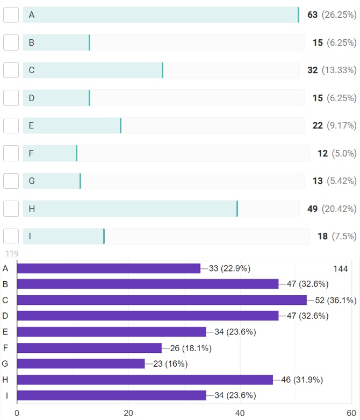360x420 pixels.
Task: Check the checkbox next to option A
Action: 11,15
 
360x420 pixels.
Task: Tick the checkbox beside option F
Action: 11,153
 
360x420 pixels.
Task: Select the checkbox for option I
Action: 11,237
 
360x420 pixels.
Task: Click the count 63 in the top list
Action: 312,15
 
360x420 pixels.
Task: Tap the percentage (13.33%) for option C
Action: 339,70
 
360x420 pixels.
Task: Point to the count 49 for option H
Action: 312,209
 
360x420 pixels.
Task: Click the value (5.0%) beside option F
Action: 344,153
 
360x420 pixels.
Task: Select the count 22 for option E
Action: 317,126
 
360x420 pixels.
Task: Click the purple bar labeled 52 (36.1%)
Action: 161,300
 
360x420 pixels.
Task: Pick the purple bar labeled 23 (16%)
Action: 81,364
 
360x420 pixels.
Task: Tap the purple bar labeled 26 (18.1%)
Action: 89,348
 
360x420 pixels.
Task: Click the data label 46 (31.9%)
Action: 303,380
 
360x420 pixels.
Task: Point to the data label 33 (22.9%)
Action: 229,268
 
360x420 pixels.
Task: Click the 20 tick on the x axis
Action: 128,413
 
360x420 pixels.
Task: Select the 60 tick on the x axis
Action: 351,413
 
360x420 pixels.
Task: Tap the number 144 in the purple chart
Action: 341,268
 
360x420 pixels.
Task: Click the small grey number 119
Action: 12,253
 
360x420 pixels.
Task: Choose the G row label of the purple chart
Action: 5,364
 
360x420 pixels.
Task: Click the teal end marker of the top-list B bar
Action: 89,42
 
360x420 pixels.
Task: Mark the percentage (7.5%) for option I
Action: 344,237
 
